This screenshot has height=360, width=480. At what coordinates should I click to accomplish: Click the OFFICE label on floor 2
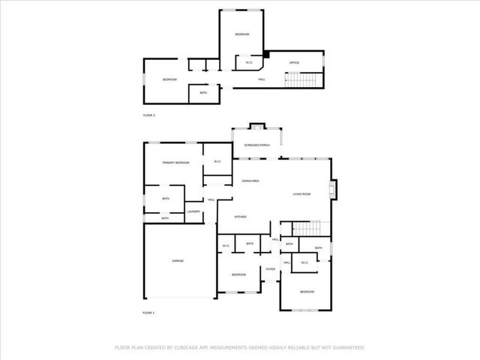pyautogui.click(x=295, y=62)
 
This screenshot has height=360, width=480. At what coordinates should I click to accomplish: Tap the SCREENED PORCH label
pyautogui.click(x=256, y=145)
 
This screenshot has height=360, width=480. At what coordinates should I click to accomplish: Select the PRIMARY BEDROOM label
pyautogui.click(x=176, y=163)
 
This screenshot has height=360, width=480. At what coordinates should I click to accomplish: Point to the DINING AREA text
pyautogui.click(x=250, y=181)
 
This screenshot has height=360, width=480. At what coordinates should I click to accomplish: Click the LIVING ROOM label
pyautogui.click(x=301, y=194)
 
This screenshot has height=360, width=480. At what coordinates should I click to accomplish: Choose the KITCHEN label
pyautogui.click(x=241, y=217)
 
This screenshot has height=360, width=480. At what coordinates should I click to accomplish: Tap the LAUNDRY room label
pyautogui.click(x=193, y=212)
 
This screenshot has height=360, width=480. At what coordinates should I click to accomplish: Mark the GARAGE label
pyautogui.click(x=178, y=261)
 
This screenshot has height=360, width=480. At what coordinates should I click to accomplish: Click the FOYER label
pyautogui.click(x=270, y=269)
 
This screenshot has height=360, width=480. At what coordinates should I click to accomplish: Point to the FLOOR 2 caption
pyautogui.click(x=148, y=115)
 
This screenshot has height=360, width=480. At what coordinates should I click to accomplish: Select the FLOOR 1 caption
pyautogui.click(x=148, y=312)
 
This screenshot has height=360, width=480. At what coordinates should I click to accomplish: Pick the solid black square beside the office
pyautogui.click(x=265, y=54)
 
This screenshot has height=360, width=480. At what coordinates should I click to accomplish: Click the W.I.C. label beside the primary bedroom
pyautogui.click(x=217, y=162)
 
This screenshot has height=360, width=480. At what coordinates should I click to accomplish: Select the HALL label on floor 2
pyautogui.click(x=262, y=79)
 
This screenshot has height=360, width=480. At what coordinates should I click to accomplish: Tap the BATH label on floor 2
pyautogui.click(x=203, y=93)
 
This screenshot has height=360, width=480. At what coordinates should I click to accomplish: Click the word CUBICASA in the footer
pyautogui.click(x=189, y=348)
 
